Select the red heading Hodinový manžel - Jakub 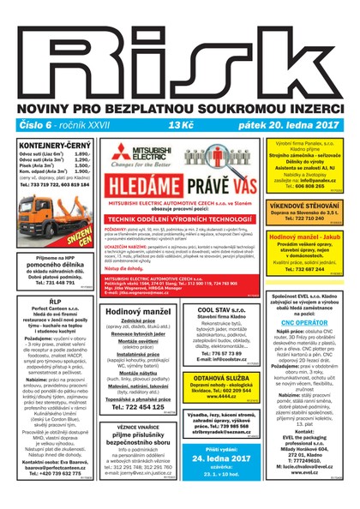tap(305, 236)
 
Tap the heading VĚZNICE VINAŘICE tap(137, 426)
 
